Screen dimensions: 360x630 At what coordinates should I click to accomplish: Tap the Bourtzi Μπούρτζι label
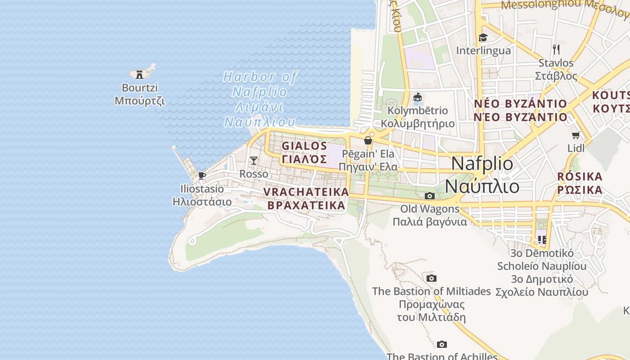[x=139, y=94]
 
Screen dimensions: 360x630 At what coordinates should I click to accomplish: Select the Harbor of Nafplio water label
[x=260, y=99]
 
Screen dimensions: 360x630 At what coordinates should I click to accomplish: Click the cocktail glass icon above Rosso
[x=254, y=161]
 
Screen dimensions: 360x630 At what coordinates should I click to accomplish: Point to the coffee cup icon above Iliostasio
[x=202, y=175]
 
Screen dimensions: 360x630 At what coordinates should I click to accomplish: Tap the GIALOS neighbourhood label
[x=305, y=152]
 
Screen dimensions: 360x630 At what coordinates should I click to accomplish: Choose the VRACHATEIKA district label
[x=306, y=198]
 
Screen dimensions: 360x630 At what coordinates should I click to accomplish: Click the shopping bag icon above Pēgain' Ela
[x=368, y=140]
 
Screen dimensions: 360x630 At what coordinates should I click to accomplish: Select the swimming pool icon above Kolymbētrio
[x=418, y=97]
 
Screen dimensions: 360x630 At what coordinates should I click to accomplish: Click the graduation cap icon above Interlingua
[x=483, y=37]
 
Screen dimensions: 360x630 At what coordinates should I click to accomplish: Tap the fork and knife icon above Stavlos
[x=556, y=49]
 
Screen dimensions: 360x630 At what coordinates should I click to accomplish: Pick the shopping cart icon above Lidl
[x=576, y=135]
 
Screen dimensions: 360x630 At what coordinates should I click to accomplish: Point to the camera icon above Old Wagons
[x=430, y=196]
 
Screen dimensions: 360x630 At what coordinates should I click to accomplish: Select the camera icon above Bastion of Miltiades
[x=431, y=278]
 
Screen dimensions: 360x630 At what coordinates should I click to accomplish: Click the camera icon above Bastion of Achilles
[x=442, y=344]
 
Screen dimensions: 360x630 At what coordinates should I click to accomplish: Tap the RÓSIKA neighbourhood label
[x=580, y=183]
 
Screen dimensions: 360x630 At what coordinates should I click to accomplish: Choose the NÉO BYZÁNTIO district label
[x=521, y=110]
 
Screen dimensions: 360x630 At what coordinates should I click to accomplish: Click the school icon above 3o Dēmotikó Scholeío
[x=542, y=239]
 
